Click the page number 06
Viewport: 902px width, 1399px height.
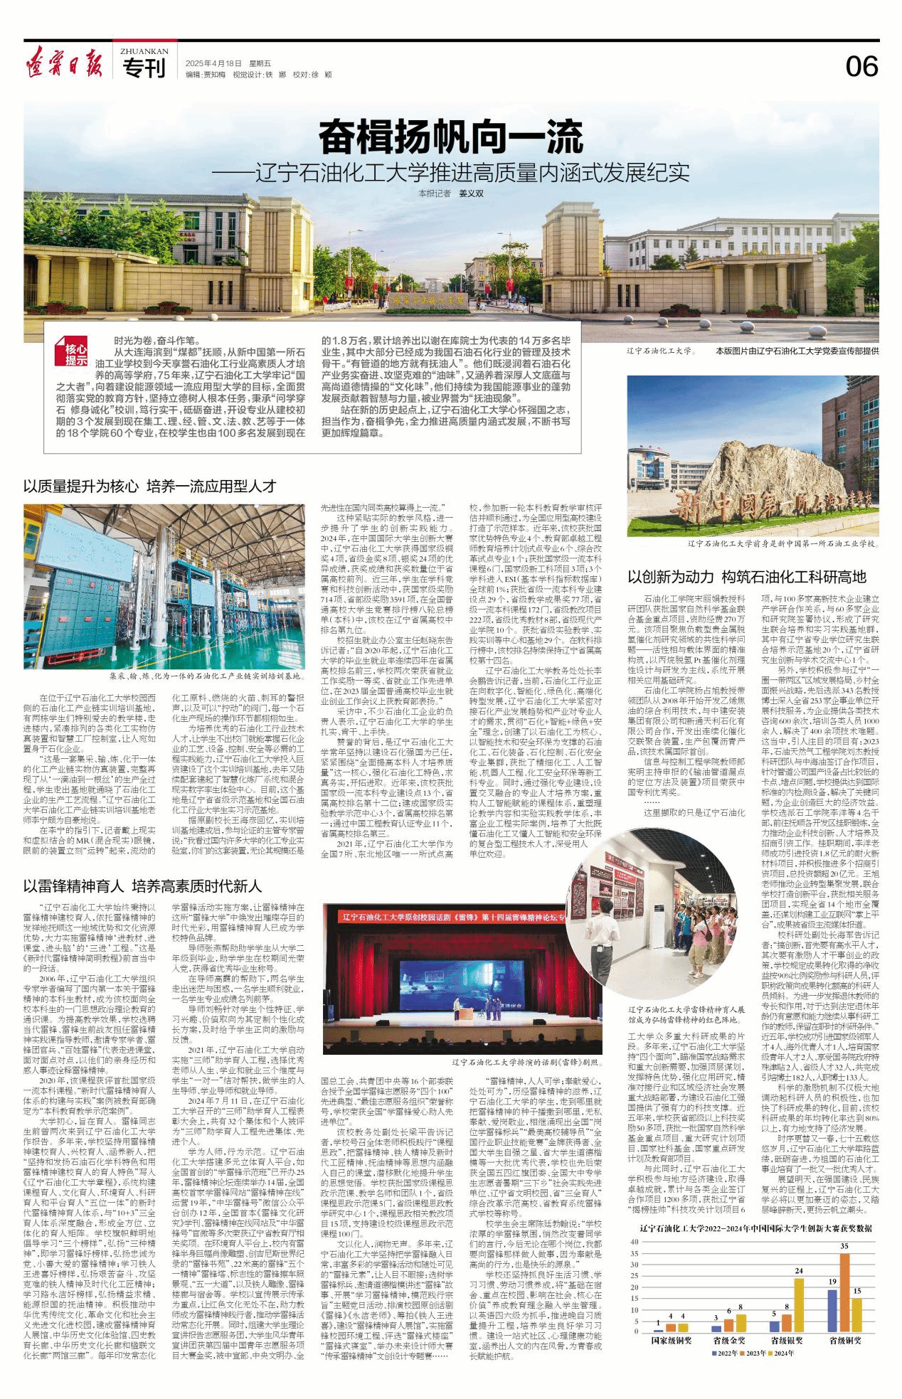[861, 67]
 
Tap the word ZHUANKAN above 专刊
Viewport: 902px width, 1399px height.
[144, 51]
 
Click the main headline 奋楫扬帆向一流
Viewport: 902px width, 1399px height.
[450, 137]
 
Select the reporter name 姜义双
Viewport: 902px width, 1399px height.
[470, 193]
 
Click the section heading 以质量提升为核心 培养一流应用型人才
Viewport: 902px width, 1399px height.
[150, 486]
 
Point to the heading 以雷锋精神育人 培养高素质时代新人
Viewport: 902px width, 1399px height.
[143, 886]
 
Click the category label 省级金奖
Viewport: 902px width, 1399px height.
[729, 1340]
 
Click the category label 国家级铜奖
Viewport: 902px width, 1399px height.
[672, 1340]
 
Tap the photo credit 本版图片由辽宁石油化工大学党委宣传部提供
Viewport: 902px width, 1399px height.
[797, 351]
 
